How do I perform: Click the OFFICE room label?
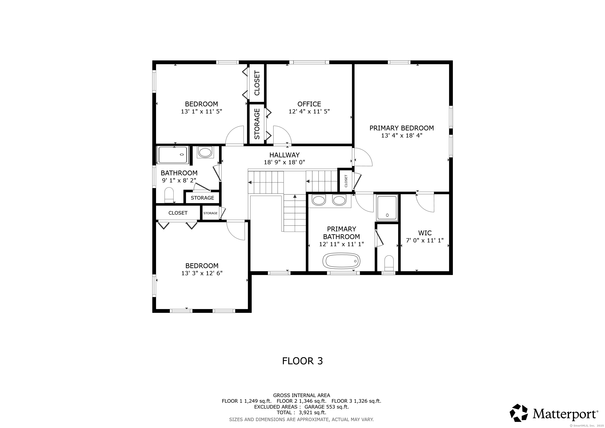pyautogui.click(x=309, y=104)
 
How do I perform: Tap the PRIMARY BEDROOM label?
pyautogui.click(x=402, y=128)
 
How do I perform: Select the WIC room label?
pyautogui.click(x=425, y=233)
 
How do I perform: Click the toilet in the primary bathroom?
pyautogui.click(x=389, y=263)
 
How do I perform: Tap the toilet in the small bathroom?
pyautogui.click(x=169, y=195)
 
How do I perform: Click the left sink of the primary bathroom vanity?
pyautogui.click(x=319, y=200)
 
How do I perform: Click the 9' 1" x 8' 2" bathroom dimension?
pyautogui.click(x=179, y=181)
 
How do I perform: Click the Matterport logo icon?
pyautogui.click(x=519, y=413)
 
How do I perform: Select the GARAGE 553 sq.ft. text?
pyautogui.click(x=327, y=407)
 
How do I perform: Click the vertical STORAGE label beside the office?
pyautogui.click(x=257, y=124)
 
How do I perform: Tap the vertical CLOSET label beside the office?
pyautogui.click(x=257, y=83)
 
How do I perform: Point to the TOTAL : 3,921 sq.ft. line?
pyautogui.click(x=301, y=413)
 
